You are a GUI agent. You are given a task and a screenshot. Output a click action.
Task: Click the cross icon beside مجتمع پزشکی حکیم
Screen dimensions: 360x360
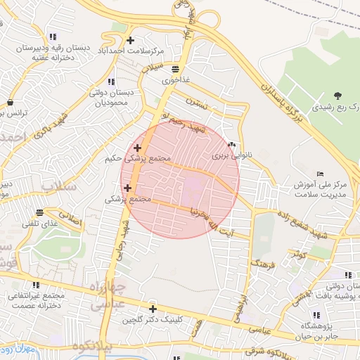pyautogui.click(x=137, y=148)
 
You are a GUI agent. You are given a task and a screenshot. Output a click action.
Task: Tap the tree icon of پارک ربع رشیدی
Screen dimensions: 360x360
pyautogui.click(x=338, y=96)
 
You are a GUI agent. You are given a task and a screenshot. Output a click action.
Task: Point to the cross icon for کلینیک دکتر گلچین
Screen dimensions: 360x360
pyautogui.click(x=153, y=309)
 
